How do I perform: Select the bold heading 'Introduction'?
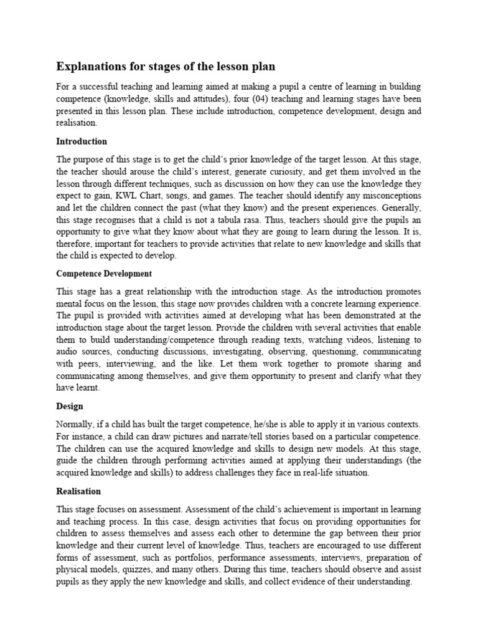coord(82,141)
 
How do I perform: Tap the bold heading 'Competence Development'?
coord(104,274)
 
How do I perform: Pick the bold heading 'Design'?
coord(70,406)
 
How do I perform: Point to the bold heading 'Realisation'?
coord(78,491)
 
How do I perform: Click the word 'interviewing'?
coord(132,364)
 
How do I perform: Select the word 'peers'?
coord(88,364)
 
